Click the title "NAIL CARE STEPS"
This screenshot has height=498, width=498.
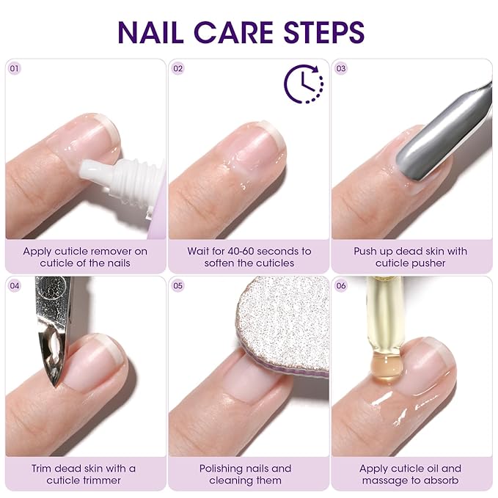tap(241, 32)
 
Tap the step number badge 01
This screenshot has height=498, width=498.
tap(15, 68)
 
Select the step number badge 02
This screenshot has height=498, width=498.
tap(178, 68)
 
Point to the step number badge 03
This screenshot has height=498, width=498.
tap(341, 68)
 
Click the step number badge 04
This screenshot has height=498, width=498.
tap(15, 286)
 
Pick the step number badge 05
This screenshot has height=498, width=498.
tap(178, 286)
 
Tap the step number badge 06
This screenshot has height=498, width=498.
tap(341, 286)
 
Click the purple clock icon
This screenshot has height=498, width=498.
tap(303, 84)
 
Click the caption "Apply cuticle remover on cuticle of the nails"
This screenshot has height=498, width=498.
tap(85, 257)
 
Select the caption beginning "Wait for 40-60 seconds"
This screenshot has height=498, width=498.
tap(249, 257)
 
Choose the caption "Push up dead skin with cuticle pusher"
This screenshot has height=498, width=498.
tap(411, 257)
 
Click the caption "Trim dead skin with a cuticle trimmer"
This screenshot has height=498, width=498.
tap(85, 474)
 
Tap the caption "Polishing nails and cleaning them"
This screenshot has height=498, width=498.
tap(249, 474)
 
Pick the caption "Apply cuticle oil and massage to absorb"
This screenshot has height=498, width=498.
tap(411, 474)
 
